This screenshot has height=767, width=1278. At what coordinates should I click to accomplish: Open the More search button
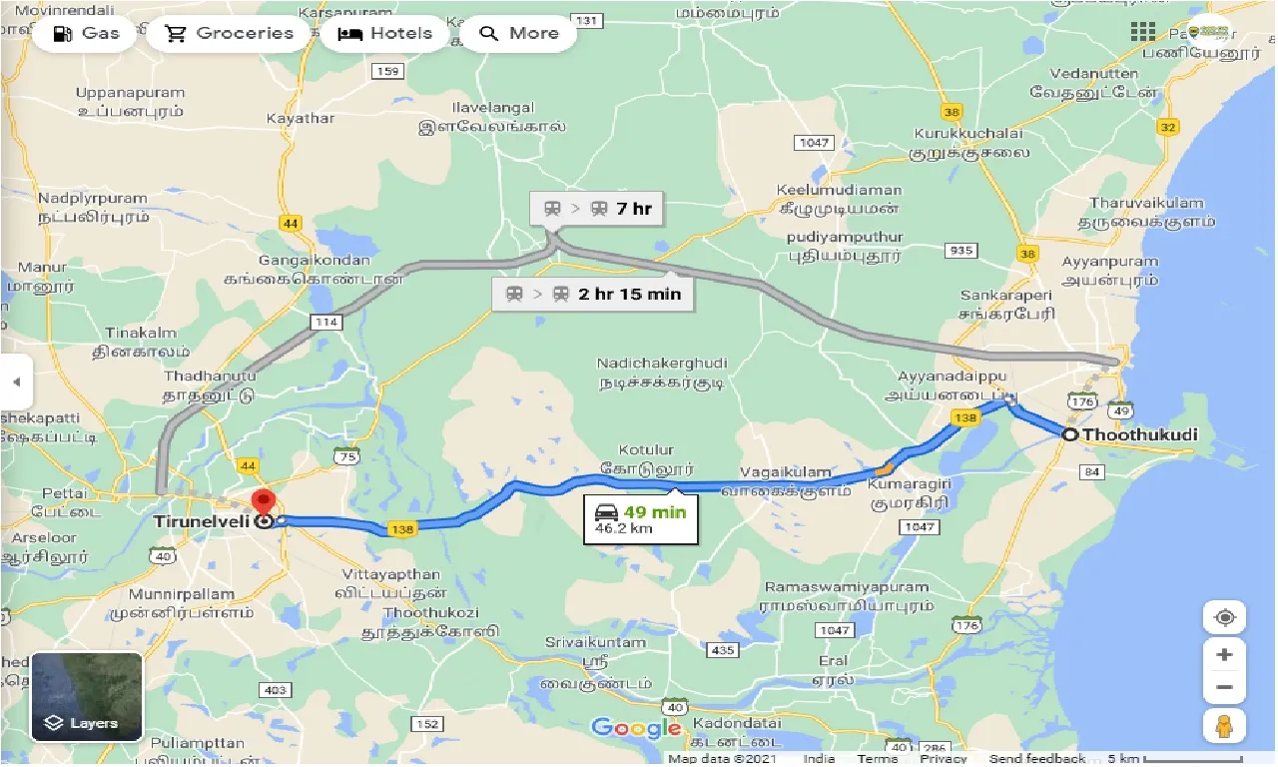pyautogui.click(x=519, y=33)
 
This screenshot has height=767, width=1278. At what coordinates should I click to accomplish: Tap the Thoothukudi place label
pyautogui.click(x=1139, y=434)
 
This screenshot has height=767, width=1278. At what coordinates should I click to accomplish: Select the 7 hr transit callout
pyautogui.click(x=598, y=209)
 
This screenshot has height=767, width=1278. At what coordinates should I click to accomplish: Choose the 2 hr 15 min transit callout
pyautogui.click(x=594, y=294)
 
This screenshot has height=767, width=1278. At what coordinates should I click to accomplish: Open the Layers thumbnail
pyautogui.click(x=87, y=696)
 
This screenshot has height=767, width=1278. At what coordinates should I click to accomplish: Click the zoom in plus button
pyautogui.click(x=1224, y=655)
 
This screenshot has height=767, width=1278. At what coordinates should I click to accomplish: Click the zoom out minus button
pyautogui.click(x=1224, y=688)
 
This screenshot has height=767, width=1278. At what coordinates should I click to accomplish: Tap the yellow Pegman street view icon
pyautogui.click(x=1224, y=726)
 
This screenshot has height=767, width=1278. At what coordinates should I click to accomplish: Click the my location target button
pyautogui.click(x=1224, y=617)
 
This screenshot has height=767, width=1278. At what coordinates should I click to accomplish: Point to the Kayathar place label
pyautogui.click(x=301, y=118)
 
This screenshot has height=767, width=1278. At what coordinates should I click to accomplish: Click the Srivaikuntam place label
pyautogui.click(x=596, y=642)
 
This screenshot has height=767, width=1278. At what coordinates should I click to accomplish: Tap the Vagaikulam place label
pyautogui.click(x=786, y=471)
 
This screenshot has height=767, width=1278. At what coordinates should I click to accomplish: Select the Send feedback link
pyautogui.click(x=1038, y=759)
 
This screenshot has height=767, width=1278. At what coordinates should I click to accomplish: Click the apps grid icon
pyautogui.click(x=1142, y=31)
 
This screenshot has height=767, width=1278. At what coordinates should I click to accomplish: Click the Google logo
pyautogui.click(x=636, y=727)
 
